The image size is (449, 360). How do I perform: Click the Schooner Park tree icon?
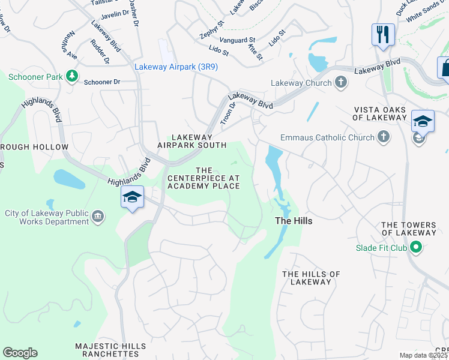point(72,76)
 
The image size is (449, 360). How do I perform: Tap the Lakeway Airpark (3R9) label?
point(176,67)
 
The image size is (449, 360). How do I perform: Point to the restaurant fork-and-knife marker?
point(382,33)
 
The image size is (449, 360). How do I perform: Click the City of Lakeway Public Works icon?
point(98,217)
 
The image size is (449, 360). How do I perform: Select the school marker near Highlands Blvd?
point(132,197)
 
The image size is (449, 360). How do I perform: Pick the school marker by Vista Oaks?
point(423,121)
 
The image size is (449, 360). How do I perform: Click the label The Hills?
point(294,221)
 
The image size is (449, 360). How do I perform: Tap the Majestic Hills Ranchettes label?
point(110,350)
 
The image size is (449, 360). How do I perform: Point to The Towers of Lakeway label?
point(408,229)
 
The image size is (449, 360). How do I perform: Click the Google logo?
point(20,353)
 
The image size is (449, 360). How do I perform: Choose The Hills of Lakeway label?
point(311,278)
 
